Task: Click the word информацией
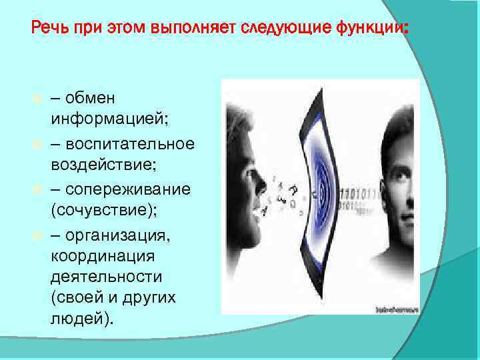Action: pos(107,121)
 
